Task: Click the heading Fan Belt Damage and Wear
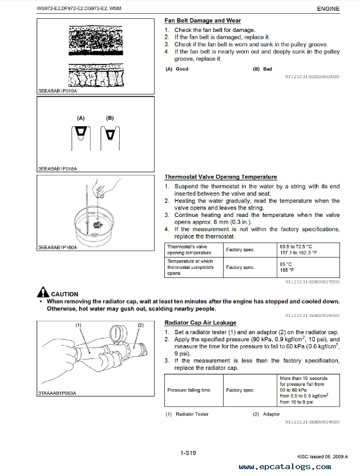pos(202,21)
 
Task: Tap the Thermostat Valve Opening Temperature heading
pos(220,177)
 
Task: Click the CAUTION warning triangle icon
pos(43,292)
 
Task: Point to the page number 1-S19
pos(188,453)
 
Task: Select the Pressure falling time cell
pos(188,390)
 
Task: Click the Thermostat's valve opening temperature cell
pos(189,249)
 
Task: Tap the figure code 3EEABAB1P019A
pos(58,90)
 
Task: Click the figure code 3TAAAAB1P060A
pos(57,393)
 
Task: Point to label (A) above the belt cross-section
pos(81,118)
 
